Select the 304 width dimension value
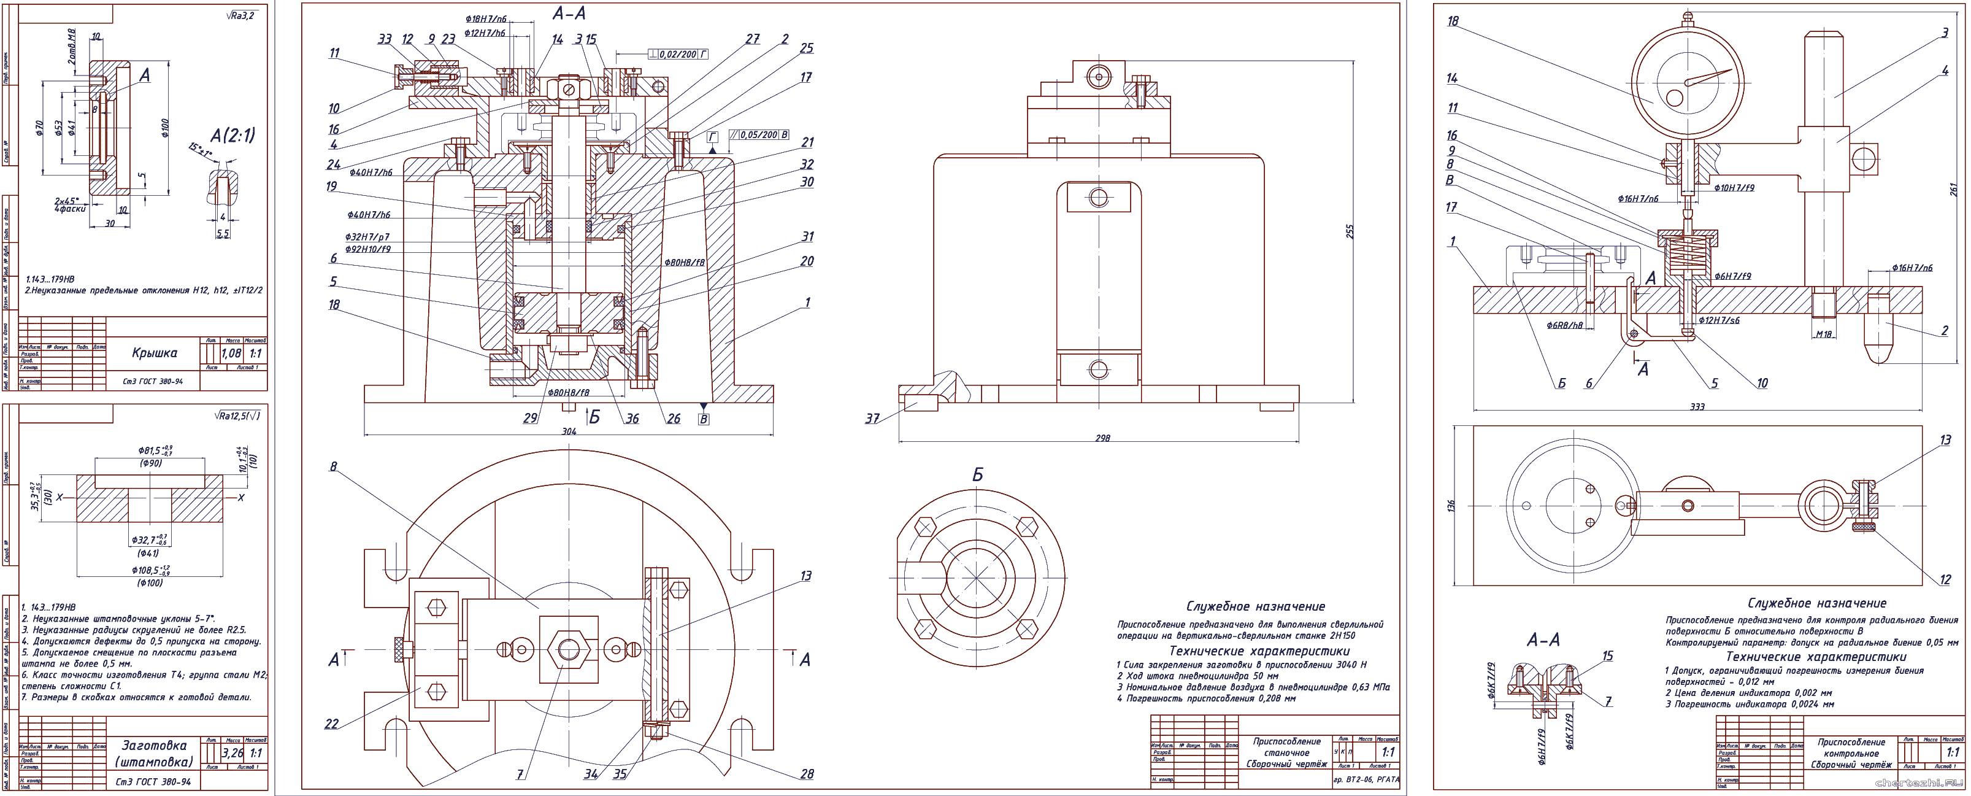569,431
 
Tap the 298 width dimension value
1102,439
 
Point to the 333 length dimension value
1697,406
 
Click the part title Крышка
155,353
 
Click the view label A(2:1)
232,136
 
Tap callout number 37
872,419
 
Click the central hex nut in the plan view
569,650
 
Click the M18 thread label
1824,334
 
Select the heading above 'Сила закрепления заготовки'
1259,651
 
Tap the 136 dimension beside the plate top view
1451,505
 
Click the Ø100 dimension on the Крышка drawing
165,128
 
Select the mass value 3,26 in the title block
232,753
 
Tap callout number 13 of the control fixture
1946,440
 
